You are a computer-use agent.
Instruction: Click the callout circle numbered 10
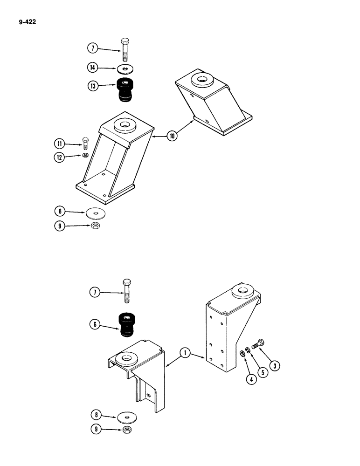pyautogui.click(x=173, y=137)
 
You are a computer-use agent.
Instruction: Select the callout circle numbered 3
pyautogui.click(x=276, y=366)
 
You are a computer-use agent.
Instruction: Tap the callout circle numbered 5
pyautogui.click(x=263, y=373)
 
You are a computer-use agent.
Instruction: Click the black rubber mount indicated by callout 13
pyautogui.click(x=125, y=89)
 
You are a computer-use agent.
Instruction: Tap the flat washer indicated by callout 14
pyautogui.click(x=125, y=69)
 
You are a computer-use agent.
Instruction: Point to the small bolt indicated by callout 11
pyautogui.click(x=85, y=143)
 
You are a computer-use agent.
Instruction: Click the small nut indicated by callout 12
pyautogui.click(x=85, y=155)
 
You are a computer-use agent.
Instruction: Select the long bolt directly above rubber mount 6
pyautogui.click(x=127, y=291)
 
